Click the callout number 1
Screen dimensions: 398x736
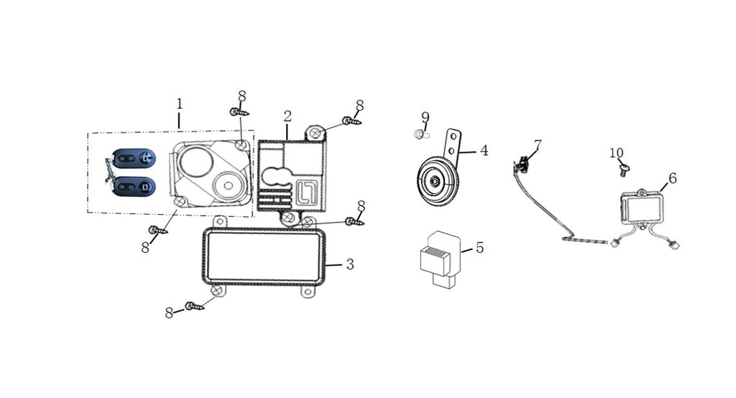click(179, 103)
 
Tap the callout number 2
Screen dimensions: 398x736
click(287, 116)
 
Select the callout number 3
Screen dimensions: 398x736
click(349, 264)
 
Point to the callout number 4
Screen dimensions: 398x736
click(484, 150)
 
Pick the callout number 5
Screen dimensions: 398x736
click(479, 247)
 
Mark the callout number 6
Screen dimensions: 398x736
click(672, 177)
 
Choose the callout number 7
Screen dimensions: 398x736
click(538, 145)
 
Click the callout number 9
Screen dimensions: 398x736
click(425, 116)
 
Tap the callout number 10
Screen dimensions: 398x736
click(616, 153)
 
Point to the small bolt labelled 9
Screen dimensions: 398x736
click(420, 134)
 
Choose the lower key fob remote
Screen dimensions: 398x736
click(134, 188)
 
